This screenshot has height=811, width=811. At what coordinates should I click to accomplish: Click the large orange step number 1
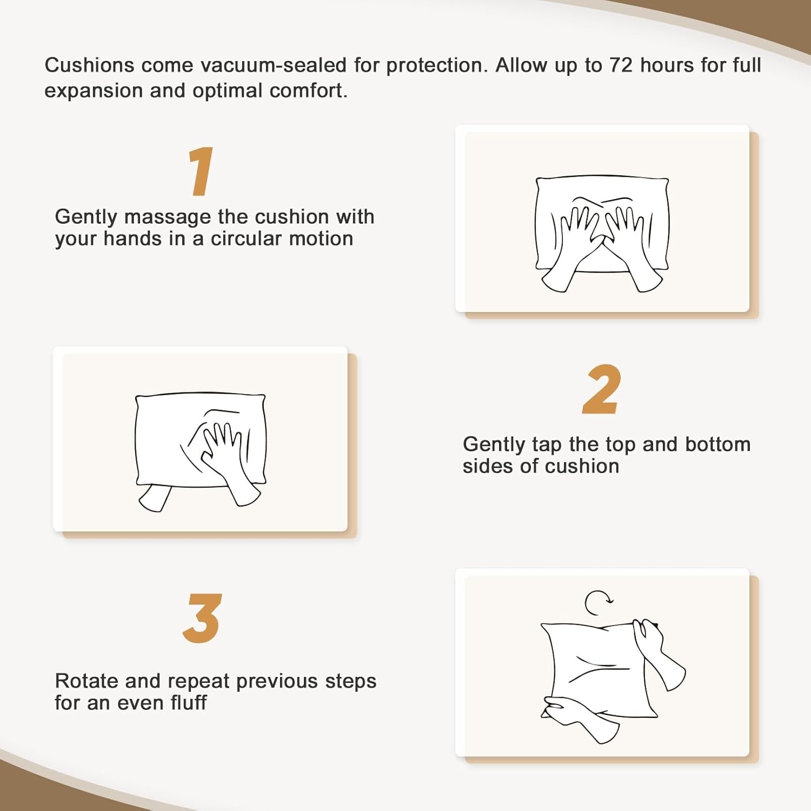[201, 171]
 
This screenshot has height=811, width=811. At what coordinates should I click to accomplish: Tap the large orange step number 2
[601, 389]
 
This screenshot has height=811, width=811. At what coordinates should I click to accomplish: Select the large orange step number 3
[202, 618]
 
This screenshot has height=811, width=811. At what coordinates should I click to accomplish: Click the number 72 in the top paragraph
[621, 65]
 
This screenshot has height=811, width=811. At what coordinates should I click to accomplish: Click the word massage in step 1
[167, 217]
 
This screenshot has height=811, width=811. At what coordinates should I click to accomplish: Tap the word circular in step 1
[246, 238]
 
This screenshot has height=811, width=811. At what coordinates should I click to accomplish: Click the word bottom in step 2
[718, 444]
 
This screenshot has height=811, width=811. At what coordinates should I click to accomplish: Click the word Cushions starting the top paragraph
[89, 65]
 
